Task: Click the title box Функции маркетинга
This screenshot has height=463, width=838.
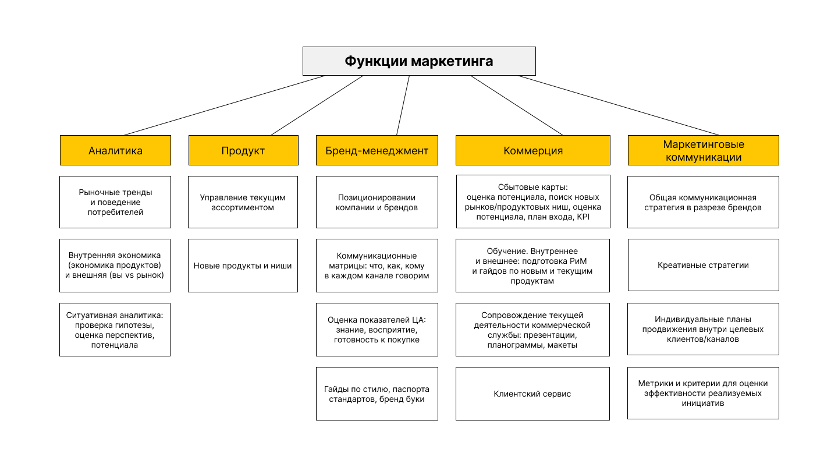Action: (418, 61)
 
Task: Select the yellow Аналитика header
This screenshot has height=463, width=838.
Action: (115, 150)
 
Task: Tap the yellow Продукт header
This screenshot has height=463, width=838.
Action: (243, 150)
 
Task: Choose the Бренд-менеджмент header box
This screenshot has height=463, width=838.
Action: (377, 150)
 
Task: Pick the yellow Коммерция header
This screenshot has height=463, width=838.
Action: (532, 150)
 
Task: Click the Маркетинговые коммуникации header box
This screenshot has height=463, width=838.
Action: (703, 150)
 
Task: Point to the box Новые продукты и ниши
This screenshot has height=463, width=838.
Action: (243, 266)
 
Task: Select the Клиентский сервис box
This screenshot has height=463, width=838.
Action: (532, 394)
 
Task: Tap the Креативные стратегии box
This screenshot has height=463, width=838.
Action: (703, 265)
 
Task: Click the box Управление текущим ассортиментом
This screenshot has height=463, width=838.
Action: (243, 202)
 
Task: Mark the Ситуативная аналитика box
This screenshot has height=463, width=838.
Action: (115, 330)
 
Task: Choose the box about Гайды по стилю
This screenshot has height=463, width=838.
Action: (377, 394)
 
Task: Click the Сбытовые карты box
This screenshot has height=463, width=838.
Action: (532, 202)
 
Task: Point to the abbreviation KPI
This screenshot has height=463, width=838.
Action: (584, 217)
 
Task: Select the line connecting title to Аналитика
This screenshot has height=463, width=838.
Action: (225, 105)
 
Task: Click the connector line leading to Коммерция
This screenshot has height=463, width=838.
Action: (517, 105)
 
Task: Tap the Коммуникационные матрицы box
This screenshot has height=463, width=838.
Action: (377, 266)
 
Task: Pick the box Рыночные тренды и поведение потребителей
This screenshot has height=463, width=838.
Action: (115, 202)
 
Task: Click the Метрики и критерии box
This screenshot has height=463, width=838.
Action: (703, 393)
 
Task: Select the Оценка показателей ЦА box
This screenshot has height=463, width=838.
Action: (377, 330)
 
